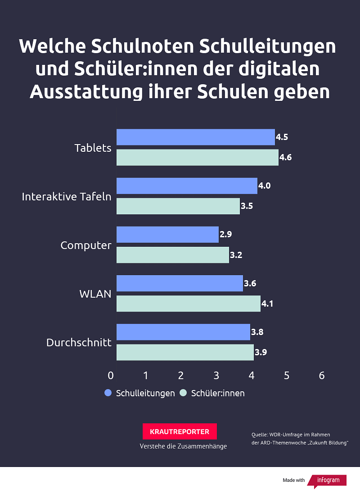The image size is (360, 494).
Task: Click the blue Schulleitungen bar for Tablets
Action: (x=195, y=137)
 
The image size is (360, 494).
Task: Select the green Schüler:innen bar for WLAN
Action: (x=188, y=304)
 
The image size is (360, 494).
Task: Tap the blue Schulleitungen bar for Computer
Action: (x=167, y=235)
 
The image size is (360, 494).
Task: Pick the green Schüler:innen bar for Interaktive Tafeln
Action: (x=178, y=206)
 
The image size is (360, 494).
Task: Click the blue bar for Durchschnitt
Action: (x=183, y=332)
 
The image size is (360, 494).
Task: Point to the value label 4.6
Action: (x=285, y=158)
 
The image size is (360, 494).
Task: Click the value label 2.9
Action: (x=225, y=234)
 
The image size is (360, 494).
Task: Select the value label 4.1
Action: (x=267, y=304)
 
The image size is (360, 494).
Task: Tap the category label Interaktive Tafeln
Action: (x=67, y=196)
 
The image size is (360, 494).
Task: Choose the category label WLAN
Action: (x=95, y=294)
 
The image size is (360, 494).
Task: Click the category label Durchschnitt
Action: (x=79, y=342)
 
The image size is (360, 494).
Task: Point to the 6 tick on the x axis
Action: (x=321, y=376)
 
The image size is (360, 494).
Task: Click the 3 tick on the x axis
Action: (x=216, y=376)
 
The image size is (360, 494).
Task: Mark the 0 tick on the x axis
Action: (x=111, y=376)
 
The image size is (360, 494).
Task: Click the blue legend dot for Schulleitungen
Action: (x=108, y=393)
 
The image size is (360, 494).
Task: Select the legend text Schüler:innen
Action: (x=218, y=393)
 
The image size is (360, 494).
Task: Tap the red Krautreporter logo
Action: (x=180, y=431)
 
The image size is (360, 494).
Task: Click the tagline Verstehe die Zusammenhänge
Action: (x=183, y=446)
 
